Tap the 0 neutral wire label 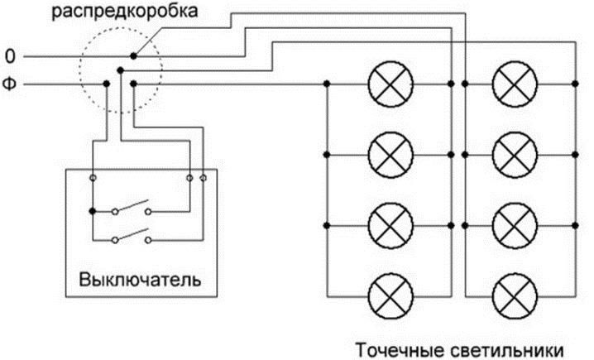pos(10,57)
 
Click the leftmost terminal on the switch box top pos(93,177)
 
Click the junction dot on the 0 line pos(132,56)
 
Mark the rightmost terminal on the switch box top pos(204,177)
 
